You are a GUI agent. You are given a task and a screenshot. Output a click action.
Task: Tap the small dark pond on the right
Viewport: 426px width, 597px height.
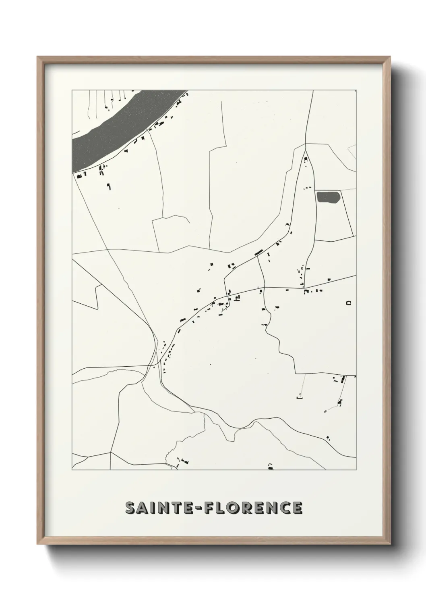coord(328,197)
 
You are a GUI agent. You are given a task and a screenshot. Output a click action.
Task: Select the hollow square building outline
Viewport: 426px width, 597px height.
coord(349,303)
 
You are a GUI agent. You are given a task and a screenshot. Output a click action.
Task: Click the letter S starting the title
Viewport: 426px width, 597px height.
coord(130,508)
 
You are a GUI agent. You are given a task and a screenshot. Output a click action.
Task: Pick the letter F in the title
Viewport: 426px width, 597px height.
coord(210,508)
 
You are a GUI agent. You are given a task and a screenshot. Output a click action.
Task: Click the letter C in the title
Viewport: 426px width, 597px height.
coord(284,508)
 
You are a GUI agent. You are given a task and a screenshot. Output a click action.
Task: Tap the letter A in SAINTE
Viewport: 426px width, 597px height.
coord(144,508)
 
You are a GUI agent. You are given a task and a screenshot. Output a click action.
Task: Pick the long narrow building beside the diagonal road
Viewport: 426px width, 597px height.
coord(258,253)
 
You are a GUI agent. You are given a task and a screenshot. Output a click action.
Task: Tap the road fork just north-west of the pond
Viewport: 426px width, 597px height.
coord(305,144)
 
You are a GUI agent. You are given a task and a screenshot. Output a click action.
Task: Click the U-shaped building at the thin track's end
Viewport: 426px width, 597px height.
coord(299,397)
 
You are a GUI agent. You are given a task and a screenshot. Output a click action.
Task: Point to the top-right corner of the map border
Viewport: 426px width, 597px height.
coord(356,90)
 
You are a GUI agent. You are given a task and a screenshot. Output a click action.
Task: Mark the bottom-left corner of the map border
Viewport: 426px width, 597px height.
coord(72,470)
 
